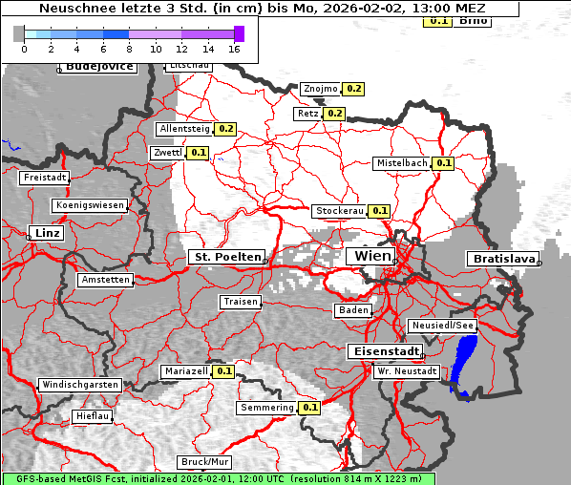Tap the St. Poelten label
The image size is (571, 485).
226,257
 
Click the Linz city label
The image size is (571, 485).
45,233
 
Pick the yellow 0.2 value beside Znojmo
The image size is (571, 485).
353,89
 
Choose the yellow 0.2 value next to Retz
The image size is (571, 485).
334,113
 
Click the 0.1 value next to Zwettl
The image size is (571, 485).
198,152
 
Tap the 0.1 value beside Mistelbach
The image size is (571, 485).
443,163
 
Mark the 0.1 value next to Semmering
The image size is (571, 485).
309,408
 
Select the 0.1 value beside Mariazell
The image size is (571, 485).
223,370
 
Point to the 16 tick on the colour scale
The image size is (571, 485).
235,48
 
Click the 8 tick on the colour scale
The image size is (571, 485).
129,48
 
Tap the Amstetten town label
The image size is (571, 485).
105,280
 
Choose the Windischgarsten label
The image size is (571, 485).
79,385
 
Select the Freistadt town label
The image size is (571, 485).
45,178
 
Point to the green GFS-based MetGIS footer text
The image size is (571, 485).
218,478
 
